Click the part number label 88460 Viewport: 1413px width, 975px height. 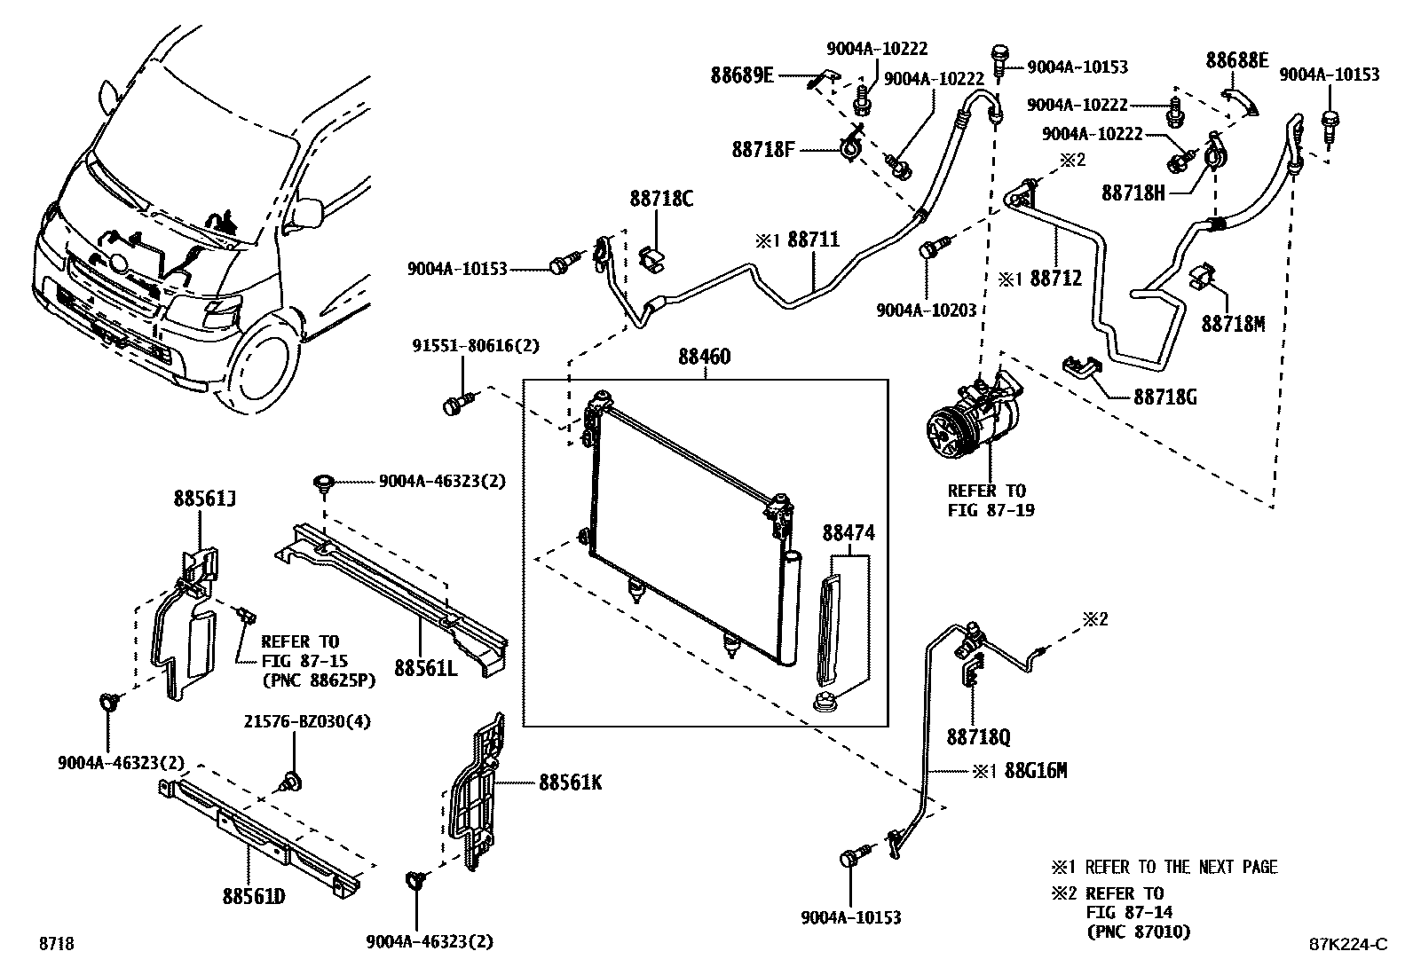click(704, 358)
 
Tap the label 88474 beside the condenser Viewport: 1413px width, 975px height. click(848, 533)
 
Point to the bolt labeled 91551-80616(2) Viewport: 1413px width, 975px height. click(454, 406)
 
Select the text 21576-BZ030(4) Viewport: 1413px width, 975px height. click(307, 722)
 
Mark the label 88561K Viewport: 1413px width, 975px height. click(570, 782)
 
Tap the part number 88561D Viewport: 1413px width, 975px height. click(253, 896)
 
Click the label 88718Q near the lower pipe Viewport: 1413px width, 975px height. click(978, 736)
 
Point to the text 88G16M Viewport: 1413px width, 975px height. click(1036, 771)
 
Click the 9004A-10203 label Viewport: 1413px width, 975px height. click(926, 311)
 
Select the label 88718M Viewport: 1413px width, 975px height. click(1233, 324)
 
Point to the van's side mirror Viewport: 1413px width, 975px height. click(306, 212)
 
